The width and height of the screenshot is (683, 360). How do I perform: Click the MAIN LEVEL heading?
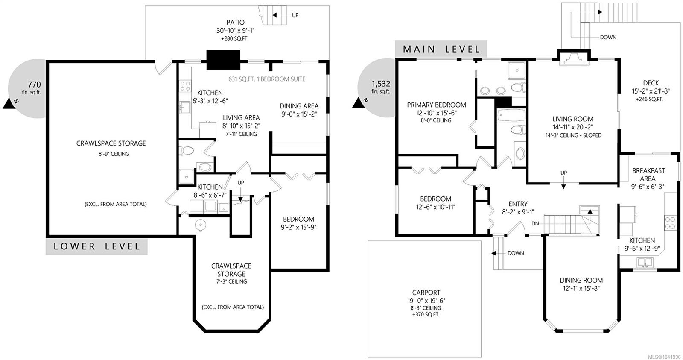click(x=441, y=49)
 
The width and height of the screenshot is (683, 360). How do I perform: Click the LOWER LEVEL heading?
click(x=96, y=246)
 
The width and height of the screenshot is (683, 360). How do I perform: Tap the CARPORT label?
click(x=426, y=293)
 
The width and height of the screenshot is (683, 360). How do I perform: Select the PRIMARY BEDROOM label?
click(x=436, y=105)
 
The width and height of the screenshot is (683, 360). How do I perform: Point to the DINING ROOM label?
click(x=581, y=281)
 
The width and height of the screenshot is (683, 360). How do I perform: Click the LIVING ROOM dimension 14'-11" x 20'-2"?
click(x=573, y=127)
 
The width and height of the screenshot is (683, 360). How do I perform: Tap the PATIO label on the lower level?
click(x=235, y=23)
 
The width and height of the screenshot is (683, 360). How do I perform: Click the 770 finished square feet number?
click(x=34, y=85)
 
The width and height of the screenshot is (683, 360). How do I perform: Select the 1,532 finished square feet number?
click(x=381, y=84)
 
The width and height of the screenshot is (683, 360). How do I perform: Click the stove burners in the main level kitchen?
click(x=670, y=223)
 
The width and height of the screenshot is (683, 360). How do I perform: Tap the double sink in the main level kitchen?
click(x=645, y=262)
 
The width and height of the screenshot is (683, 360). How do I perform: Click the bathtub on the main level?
click(x=511, y=116)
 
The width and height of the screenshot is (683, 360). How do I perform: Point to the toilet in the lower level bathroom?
click(x=186, y=150)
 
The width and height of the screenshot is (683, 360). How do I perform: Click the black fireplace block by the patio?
click(x=223, y=60)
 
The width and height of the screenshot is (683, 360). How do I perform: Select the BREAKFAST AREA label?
click(x=648, y=175)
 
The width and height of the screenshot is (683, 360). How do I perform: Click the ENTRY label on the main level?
click(x=518, y=204)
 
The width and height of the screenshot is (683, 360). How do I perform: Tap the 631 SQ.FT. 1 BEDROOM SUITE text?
click(x=267, y=79)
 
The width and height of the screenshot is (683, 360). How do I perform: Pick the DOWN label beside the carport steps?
click(x=516, y=253)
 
